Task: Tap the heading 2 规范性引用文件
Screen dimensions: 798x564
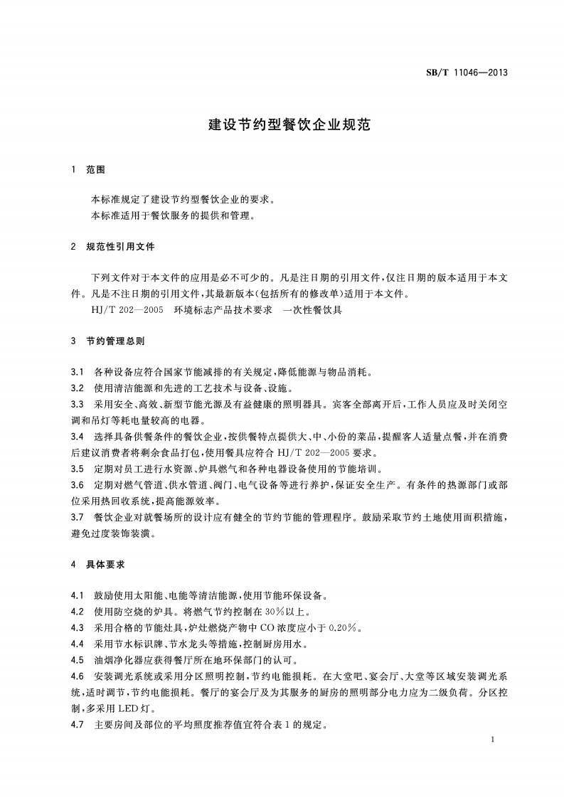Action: pos(113,247)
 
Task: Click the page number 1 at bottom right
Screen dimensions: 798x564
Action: pos(492,741)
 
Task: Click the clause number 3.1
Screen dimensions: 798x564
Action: pos(78,372)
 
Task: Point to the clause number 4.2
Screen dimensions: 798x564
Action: pos(78,611)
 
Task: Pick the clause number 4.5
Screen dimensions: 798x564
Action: pos(78,659)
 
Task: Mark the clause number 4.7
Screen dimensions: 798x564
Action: pos(78,724)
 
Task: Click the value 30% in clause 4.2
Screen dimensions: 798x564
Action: pos(256,611)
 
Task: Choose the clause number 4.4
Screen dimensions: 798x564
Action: pos(78,644)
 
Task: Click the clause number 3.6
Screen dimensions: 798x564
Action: pos(78,485)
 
